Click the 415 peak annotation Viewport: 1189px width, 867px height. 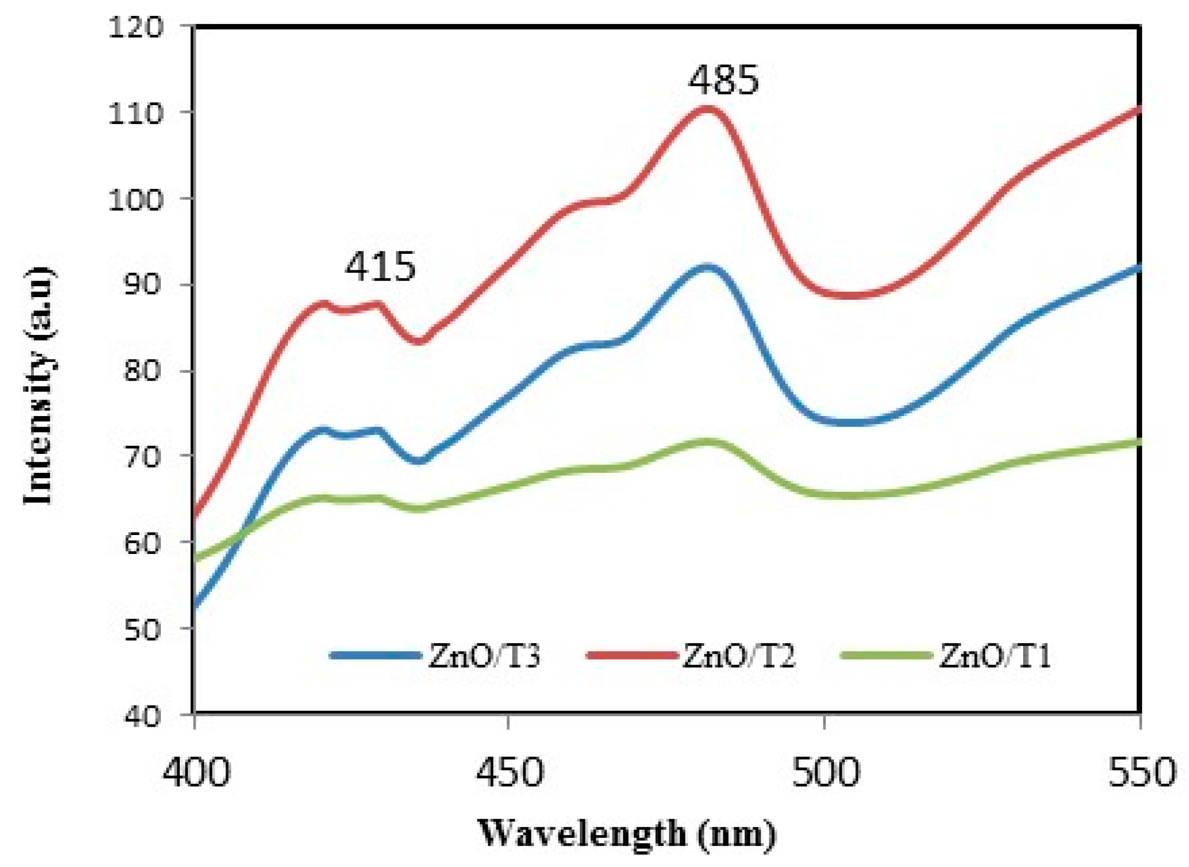pos(380,267)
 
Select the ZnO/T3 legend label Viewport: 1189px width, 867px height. pos(484,656)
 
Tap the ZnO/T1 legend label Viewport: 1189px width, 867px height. pos(994,656)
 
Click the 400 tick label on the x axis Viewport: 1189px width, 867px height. pos(196,771)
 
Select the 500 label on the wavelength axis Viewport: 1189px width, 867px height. pos(825,771)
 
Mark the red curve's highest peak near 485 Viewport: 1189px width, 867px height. pos(707,109)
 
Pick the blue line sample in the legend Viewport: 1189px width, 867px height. pos(376,655)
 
